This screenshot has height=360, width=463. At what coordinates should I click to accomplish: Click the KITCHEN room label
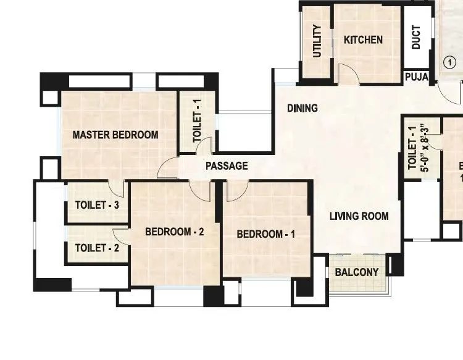pyautogui.click(x=363, y=40)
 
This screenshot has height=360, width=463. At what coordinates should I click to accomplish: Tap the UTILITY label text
pyautogui.click(x=317, y=41)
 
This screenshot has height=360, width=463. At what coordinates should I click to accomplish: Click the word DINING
pyautogui.click(x=302, y=108)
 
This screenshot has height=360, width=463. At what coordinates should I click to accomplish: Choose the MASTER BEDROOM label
pyautogui.click(x=115, y=135)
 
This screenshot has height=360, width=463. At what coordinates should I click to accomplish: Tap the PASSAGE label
pyautogui.click(x=227, y=165)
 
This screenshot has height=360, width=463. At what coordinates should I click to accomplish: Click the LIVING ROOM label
pyautogui.click(x=359, y=216)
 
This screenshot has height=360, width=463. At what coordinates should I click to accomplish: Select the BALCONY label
pyautogui.click(x=356, y=272)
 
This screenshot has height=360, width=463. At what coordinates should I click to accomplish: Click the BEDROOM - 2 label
pyautogui.click(x=174, y=232)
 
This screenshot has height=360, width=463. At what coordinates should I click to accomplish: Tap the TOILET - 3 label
pyautogui.click(x=97, y=205)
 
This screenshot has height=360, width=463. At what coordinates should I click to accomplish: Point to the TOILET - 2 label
pyautogui.click(x=97, y=248)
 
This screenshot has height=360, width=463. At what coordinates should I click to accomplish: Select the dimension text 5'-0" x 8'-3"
pyautogui.click(x=423, y=148)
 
